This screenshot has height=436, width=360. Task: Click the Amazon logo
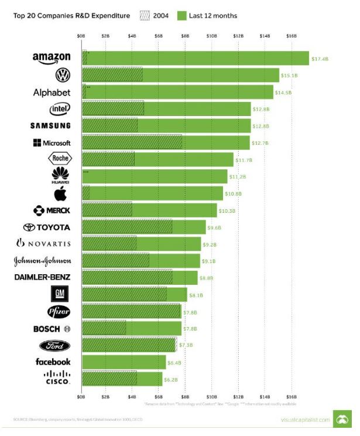(x=52, y=57)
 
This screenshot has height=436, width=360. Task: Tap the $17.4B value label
(x=320, y=59)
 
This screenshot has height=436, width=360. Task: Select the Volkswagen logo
(x=62, y=75)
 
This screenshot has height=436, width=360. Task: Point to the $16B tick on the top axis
(x=292, y=36)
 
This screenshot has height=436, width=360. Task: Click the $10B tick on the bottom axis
(x=212, y=397)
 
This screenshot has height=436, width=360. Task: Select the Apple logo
(x=60, y=194)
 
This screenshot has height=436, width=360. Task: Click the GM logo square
(x=61, y=294)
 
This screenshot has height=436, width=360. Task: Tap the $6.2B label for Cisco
(x=171, y=380)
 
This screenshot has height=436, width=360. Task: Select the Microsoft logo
(x=52, y=143)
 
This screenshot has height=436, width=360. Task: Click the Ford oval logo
(x=59, y=345)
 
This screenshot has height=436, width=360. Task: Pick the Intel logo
(x=60, y=109)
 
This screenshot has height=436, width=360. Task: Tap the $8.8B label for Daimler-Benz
(x=206, y=278)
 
